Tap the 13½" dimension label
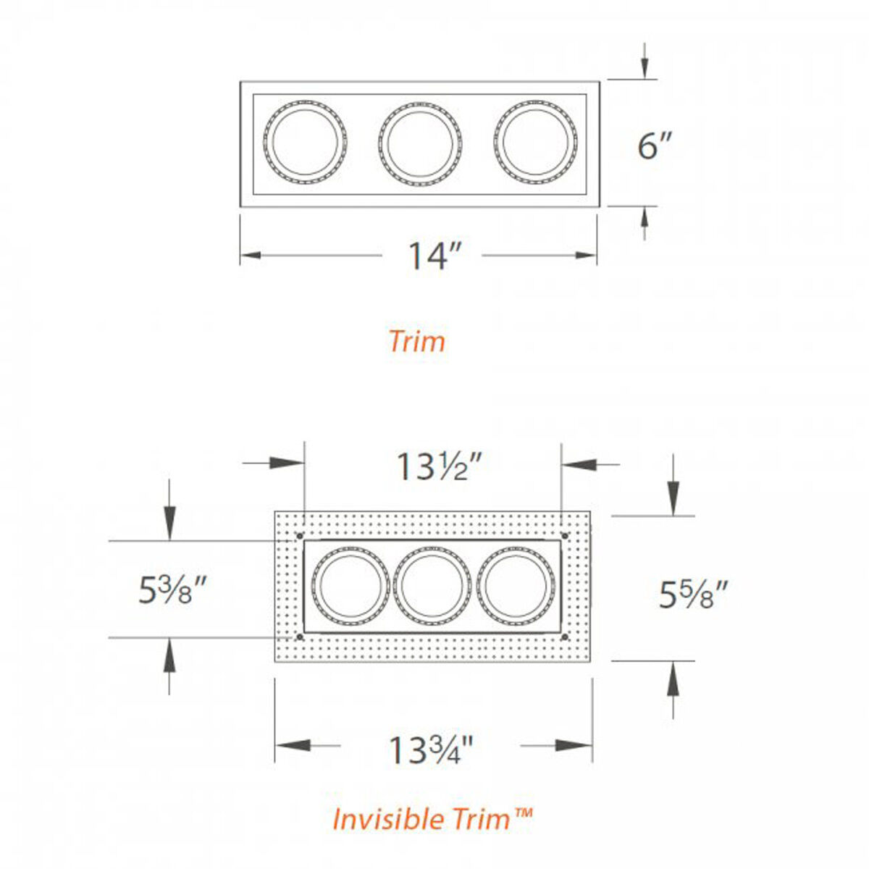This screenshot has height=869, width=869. pyautogui.click(x=439, y=466)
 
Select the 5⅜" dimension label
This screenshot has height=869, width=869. pyautogui.click(x=173, y=591)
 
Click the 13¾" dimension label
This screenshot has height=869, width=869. pyautogui.click(x=431, y=750)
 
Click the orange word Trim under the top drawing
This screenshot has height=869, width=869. pyautogui.click(x=417, y=341)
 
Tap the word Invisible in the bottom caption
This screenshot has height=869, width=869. pyautogui.click(x=387, y=819)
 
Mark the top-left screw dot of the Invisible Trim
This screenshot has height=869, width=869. pyautogui.click(x=299, y=536)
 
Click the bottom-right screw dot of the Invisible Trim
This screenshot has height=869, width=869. pyautogui.click(x=564, y=637)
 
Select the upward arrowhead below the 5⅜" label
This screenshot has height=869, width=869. pyautogui.click(x=169, y=652)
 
